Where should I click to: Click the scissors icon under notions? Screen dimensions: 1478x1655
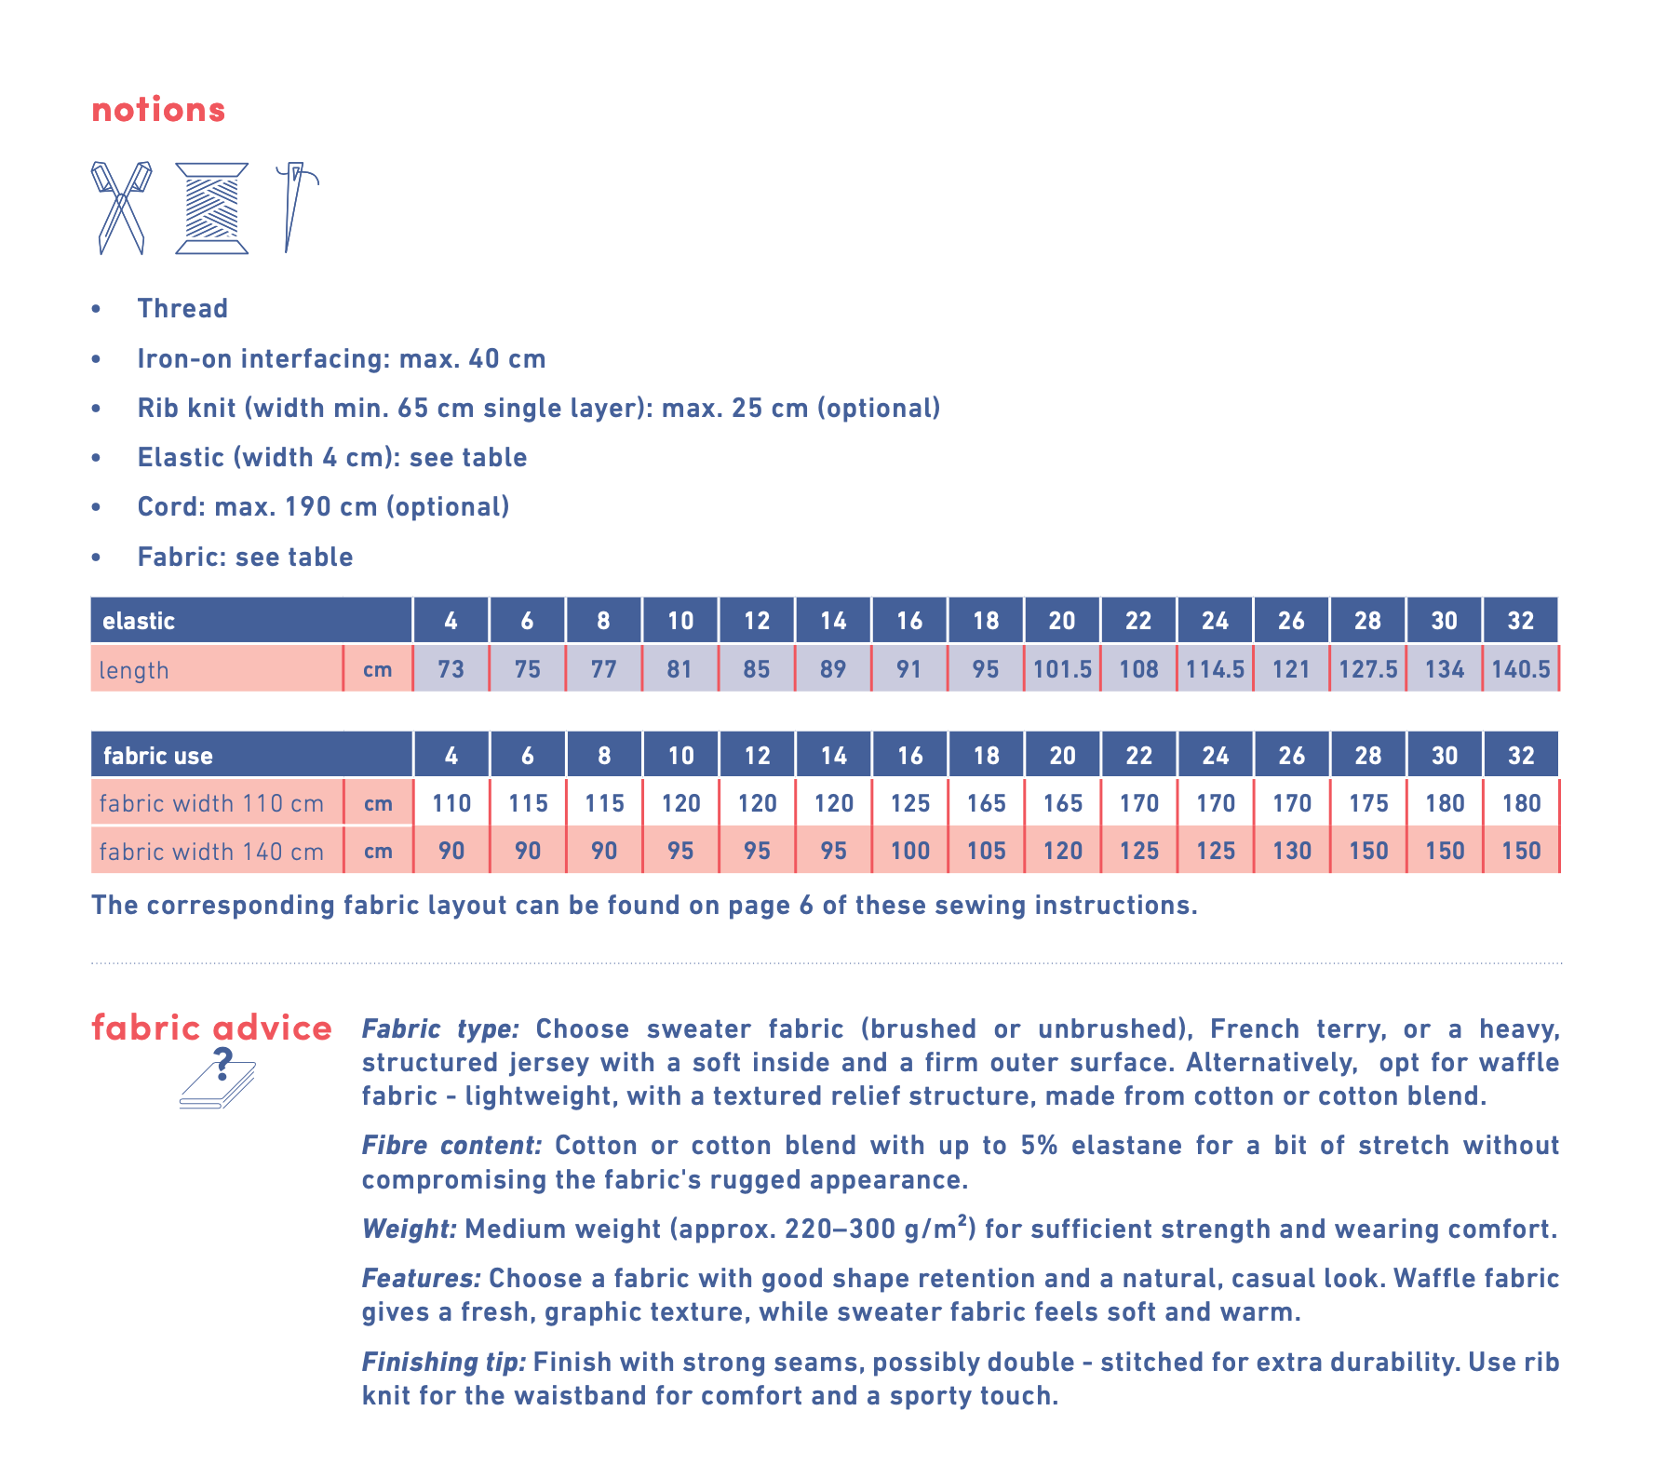(x=121, y=208)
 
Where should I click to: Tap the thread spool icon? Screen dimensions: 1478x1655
(x=212, y=208)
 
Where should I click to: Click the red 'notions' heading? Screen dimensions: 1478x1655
(x=158, y=110)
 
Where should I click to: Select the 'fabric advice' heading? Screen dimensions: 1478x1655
(x=211, y=1028)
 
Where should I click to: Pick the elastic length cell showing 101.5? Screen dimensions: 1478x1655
(x=1062, y=669)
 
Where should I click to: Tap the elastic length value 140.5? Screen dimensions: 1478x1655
(x=1521, y=669)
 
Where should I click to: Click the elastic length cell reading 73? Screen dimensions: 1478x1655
(x=451, y=669)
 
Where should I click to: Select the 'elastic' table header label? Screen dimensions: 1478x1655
(x=139, y=621)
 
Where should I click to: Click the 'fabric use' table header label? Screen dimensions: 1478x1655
(x=157, y=756)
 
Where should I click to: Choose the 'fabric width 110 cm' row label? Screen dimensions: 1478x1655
(x=211, y=803)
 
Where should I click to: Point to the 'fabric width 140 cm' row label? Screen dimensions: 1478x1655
(x=211, y=852)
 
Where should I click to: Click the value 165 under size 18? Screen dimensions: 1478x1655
(x=986, y=803)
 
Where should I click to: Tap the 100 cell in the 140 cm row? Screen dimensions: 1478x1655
(x=909, y=851)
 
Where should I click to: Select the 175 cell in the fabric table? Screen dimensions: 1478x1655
(x=1368, y=803)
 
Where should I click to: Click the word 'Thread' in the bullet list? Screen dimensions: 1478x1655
(x=182, y=308)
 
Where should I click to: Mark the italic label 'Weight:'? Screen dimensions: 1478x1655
(x=409, y=1229)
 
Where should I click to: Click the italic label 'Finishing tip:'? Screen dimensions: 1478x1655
(x=443, y=1362)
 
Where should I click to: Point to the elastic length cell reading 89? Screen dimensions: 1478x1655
(x=833, y=669)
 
